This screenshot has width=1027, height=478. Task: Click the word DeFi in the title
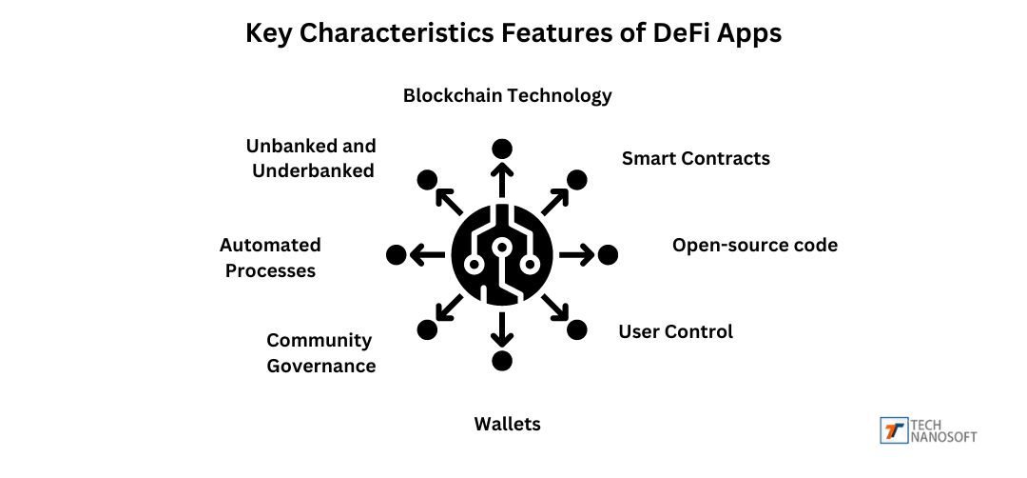coord(676,33)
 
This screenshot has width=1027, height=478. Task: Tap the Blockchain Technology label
coord(507,95)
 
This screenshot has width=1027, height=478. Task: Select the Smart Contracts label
coord(695,158)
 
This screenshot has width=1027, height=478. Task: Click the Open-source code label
coord(755,245)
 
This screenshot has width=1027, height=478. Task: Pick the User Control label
coord(675,331)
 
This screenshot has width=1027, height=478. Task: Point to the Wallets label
coord(507,424)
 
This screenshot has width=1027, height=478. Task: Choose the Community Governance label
coord(320,352)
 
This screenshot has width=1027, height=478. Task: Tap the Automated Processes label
coord(270,257)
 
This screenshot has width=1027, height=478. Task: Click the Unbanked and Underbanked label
coord(311,158)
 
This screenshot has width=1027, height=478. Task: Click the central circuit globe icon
coord(501,254)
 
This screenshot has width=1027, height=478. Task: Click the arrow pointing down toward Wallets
coord(501,329)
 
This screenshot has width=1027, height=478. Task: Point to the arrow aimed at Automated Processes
coord(427,254)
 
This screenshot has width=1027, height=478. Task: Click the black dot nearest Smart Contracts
coord(576,179)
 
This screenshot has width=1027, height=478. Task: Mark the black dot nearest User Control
coord(576,329)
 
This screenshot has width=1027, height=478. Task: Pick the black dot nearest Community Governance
coord(427,329)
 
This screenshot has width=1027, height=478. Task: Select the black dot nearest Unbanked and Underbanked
coord(427,179)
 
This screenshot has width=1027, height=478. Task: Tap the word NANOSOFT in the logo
coord(943,437)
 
